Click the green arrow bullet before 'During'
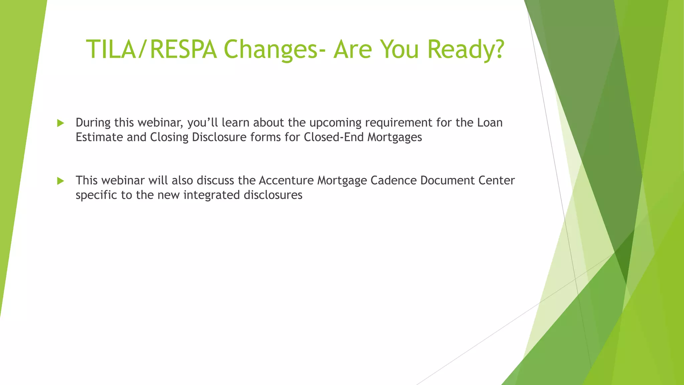point(60,123)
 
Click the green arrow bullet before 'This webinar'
point(60,181)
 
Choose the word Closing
point(169,137)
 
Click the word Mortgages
point(395,137)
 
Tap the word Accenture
point(286,180)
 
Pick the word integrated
point(211,195)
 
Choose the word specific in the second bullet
point(97,195)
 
